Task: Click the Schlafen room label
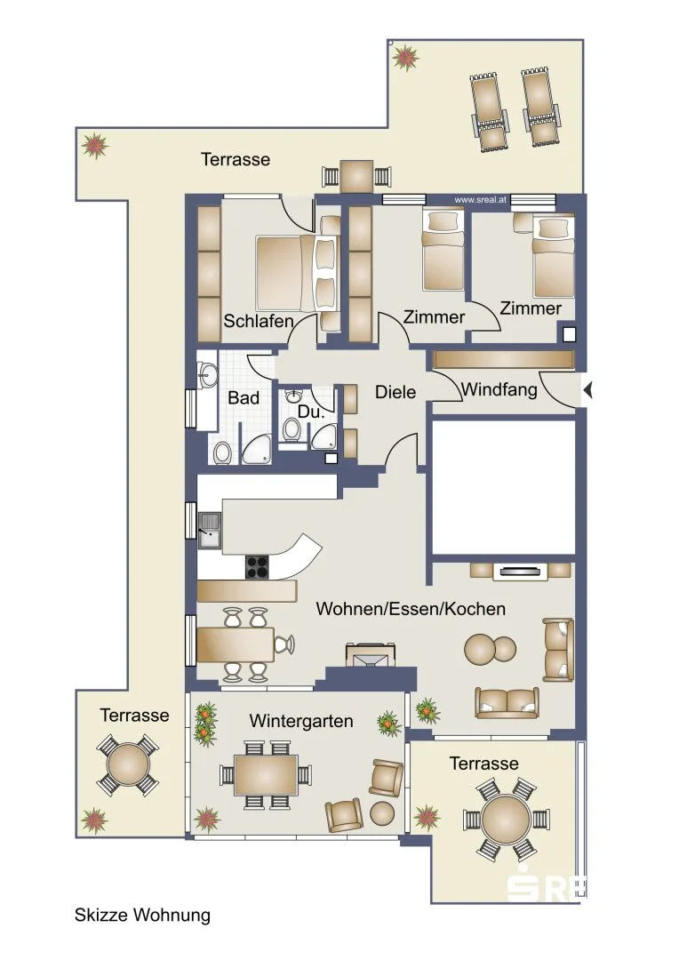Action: [259, 321]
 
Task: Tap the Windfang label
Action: [499, 389]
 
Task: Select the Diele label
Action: [395, 392]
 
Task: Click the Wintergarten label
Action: [301, 721]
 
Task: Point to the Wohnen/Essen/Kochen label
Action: [411, 609]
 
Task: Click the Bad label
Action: [244, 398]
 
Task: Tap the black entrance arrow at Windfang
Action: [587, 389]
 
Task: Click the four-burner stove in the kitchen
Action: [258, 566]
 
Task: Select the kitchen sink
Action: [210, 530]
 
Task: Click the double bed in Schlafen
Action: [298, 273]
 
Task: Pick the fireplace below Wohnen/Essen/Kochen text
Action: [371, 654]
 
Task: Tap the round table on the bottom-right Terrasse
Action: [506, 820]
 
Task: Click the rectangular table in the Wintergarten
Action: [266, 775]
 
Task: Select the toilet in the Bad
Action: [221, 452]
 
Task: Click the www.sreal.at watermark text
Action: [480, 200]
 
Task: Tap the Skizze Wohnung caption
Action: [143, 915]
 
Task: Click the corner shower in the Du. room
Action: [324, 436]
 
